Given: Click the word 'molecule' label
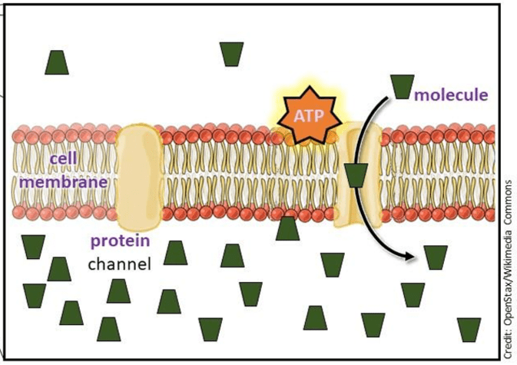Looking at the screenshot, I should [x=451, y=95].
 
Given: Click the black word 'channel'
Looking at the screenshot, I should [x=120, y=264].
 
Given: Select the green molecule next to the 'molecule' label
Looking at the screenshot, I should [x=403, y=85].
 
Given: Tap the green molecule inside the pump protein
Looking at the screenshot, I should [x=356, y=176].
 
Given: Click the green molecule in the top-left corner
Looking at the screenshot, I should [x=57, y=62].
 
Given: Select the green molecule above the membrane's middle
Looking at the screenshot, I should [x=231, y=54].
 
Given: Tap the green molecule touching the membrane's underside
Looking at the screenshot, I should [x=287, y=228].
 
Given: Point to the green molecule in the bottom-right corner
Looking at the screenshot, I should [x=469, y=330].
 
